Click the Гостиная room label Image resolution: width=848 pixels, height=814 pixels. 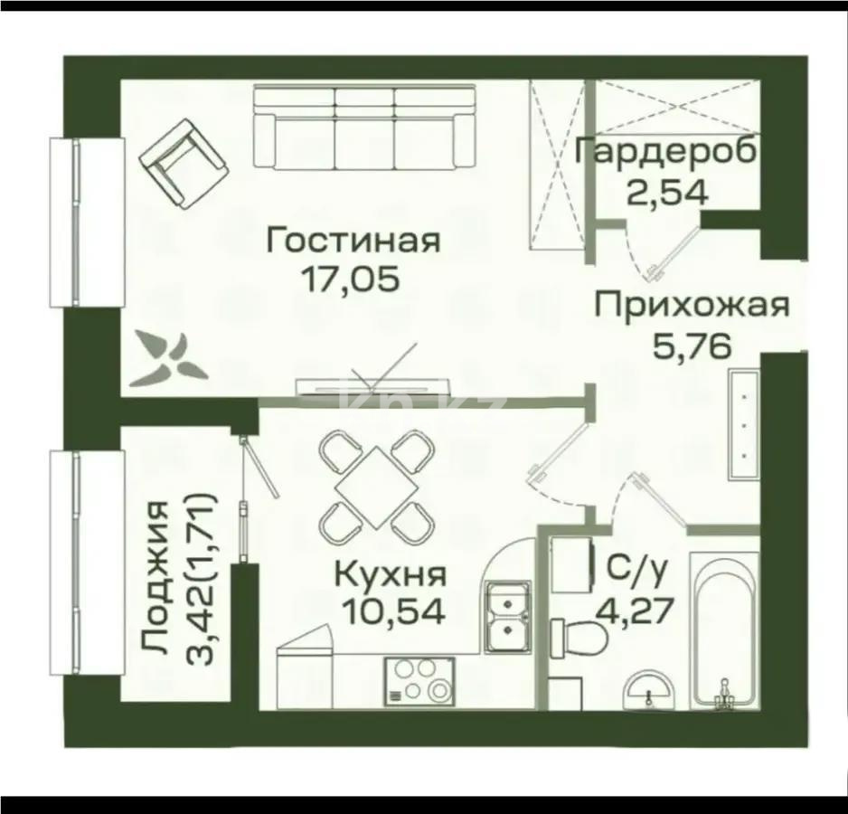(353, 241)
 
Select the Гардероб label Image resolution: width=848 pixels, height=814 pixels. (666, 151)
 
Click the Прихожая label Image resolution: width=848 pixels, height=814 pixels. (691, 304)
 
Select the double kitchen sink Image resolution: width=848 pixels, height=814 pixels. (506, 617)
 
